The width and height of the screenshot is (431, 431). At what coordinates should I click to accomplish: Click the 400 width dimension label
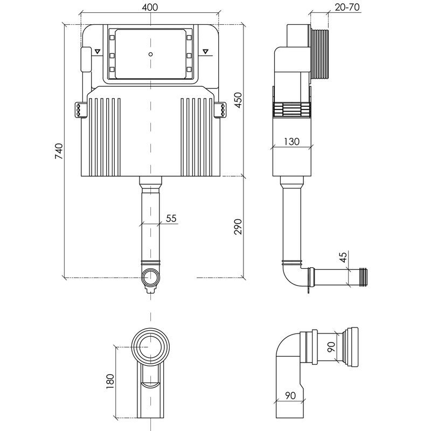[150, 7]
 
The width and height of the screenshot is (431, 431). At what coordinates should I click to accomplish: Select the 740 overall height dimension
[59, 151]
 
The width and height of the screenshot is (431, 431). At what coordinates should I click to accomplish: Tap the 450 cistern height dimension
[238, 100]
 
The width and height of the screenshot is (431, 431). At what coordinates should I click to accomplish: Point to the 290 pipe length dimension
[238, 226]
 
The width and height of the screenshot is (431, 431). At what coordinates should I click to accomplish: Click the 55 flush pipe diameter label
[171, 218]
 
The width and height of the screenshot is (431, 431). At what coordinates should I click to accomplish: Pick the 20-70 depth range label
[347, 7]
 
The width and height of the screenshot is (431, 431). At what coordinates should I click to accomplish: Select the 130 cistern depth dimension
[291, 141]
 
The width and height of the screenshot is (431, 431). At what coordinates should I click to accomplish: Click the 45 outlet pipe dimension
[343, 258]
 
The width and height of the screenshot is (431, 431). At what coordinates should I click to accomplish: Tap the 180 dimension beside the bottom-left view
[110, 381]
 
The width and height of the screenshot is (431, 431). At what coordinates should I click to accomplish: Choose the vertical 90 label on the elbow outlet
[331, 346]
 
